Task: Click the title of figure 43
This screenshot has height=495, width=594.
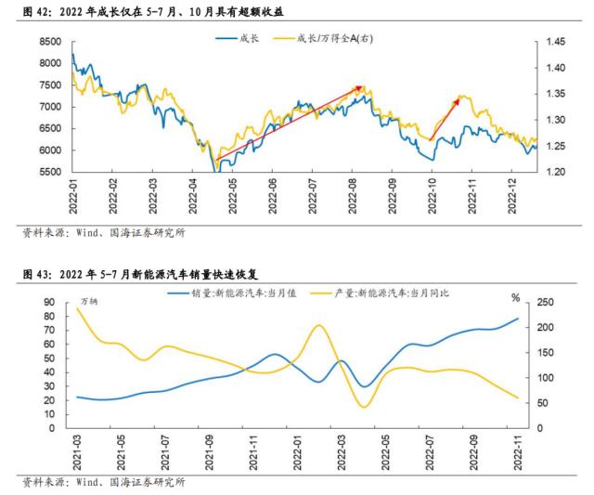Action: [139, 276]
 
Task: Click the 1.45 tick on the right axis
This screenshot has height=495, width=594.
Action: [555, 43]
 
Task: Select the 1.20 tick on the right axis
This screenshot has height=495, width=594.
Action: [555, 173]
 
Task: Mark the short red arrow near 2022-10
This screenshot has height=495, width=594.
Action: [444, 117]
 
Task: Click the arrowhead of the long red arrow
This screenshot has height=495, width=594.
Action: [361, 88]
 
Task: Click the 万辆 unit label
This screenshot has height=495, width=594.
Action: [89, 302]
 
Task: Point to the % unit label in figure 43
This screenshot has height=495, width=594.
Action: [516, 297]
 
